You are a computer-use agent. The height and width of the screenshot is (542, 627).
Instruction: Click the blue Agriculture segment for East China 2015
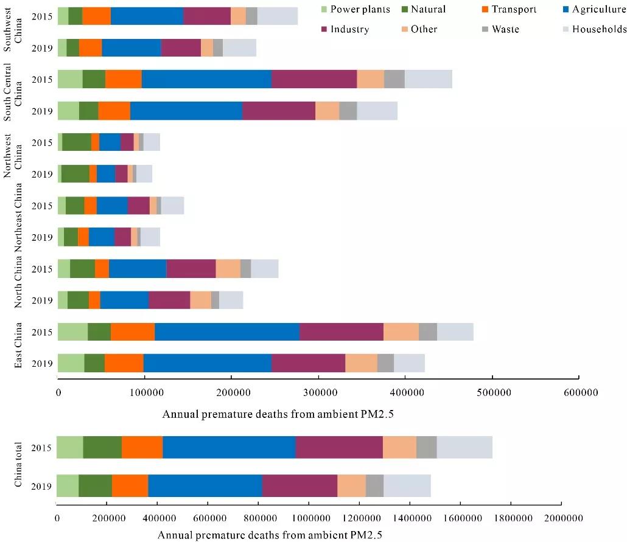(227, 332)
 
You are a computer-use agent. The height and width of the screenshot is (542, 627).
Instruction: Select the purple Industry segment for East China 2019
(308, 363)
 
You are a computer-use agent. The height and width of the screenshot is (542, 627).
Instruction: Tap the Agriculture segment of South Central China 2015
(206, 79)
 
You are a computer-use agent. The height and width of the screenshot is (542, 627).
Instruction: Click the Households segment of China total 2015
(464, 447)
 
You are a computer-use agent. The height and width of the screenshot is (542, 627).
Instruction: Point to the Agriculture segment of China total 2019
(326, 485)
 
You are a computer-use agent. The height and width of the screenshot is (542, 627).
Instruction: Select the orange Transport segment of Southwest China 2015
(96, 16)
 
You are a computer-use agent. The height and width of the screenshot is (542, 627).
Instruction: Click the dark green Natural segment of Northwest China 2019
(75, 173)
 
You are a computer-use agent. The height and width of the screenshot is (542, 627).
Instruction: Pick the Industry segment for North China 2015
(191, 268)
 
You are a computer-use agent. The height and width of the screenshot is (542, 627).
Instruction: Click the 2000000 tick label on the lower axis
(560, 518)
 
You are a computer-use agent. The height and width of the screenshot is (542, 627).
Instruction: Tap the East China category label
(20, 345)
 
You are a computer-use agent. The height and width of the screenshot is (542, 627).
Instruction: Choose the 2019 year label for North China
(41, 300)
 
